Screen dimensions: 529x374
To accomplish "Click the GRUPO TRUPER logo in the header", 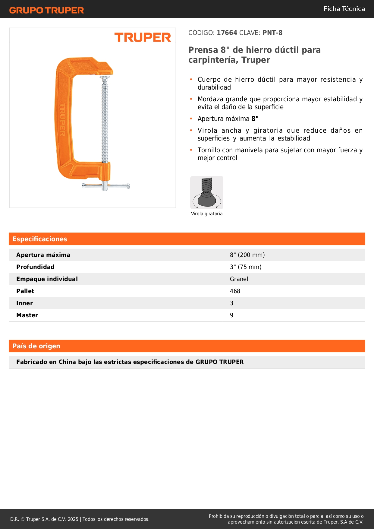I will [46, 10].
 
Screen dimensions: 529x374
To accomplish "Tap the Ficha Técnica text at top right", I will [344, 9].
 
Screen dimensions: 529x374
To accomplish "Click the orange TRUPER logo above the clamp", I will [143, 37].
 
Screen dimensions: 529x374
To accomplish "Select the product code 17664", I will [227, 33].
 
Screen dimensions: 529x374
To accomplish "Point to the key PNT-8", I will [272, 33].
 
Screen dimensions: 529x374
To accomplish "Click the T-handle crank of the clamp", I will [105, 186].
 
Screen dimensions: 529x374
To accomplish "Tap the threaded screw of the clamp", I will [105, 121].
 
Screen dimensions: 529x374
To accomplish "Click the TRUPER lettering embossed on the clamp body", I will [62, 119].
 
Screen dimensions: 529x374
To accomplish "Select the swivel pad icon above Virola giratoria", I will [207, 192].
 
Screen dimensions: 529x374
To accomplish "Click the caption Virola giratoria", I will [207, 214].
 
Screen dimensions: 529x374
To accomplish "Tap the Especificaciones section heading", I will [40, 239].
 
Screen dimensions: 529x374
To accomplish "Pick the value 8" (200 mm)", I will [247, 255].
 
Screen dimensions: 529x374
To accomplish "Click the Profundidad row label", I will [35, 267].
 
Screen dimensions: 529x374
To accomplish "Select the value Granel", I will [239, 279].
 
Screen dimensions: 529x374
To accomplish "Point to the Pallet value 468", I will [235, 291].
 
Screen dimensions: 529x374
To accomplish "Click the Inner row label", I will [24, 303].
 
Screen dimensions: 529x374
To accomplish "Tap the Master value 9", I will [231, 315].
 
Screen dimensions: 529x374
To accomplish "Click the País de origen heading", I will [36, 346].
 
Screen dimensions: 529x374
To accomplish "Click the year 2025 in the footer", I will [73, 519].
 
